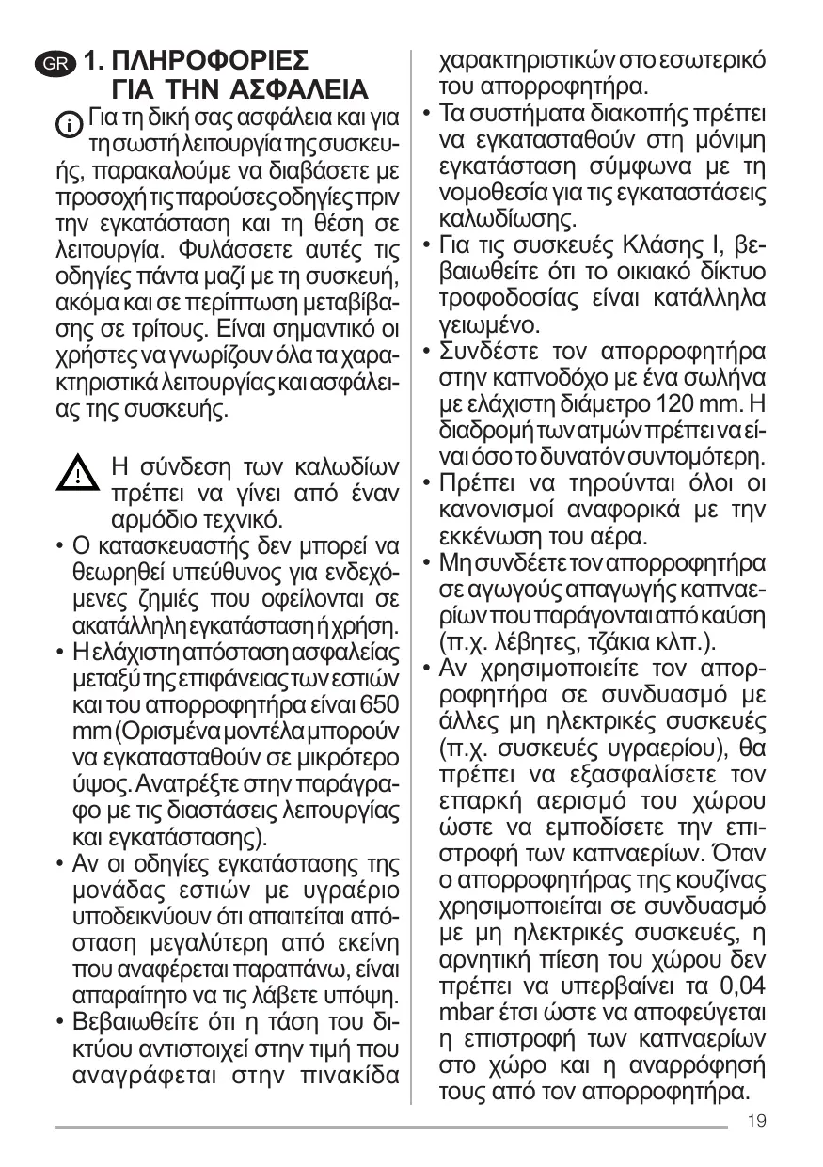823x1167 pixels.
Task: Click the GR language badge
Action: coord(68,65)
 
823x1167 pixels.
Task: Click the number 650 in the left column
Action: coord(379,703)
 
